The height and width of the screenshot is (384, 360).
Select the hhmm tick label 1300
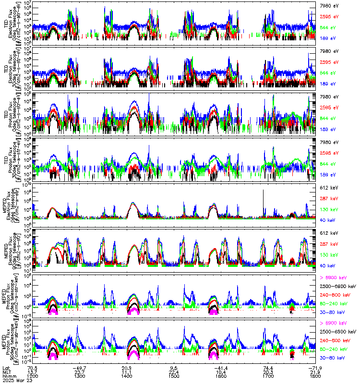coord(80,376)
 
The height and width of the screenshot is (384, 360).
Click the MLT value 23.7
coord(80,372)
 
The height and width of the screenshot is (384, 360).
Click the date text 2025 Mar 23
coord(15,380)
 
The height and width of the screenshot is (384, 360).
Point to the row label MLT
coord(7,372)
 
